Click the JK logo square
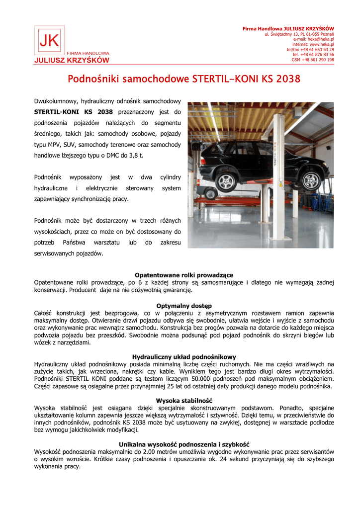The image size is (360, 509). click(49, 41)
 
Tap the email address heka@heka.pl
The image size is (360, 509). click(321, 39)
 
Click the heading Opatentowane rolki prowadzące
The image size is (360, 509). click(184, 275)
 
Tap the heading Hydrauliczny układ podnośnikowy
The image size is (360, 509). click(184, 357)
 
